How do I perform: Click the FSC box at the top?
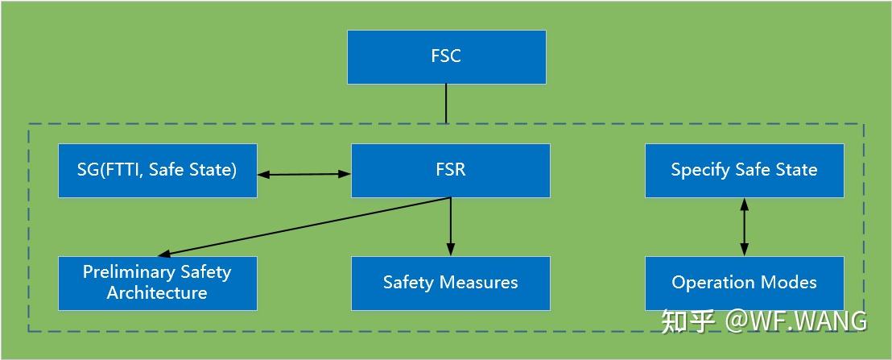pos(446,57)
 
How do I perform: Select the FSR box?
pos(450,171)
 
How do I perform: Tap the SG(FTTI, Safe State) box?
pos(158,171)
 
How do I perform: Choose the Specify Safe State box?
pos(744,171)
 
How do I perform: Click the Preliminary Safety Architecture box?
pos(158,283)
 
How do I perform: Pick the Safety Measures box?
pos(450,283)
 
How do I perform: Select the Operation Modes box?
pos(744,283)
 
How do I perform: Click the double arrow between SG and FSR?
pos(304,172)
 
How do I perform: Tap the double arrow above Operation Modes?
pos(744,227)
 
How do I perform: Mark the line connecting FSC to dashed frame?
pos(446,104)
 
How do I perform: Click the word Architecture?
pos(157,293)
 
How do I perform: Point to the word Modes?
pos(792,283)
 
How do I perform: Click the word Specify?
pos(697,171)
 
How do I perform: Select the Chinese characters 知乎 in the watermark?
pos(688,321)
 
